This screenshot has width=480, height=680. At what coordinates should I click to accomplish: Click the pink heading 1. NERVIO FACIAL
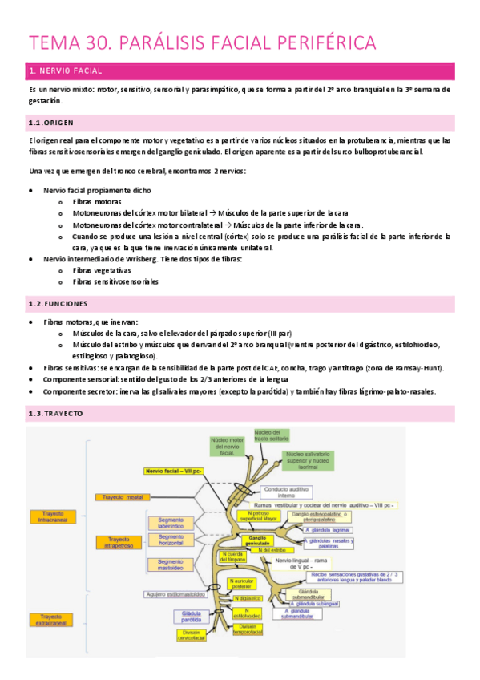62,72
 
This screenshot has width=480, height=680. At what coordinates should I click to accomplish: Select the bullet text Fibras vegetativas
101,270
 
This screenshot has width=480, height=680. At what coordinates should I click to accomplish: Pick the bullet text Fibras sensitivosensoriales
115,281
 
